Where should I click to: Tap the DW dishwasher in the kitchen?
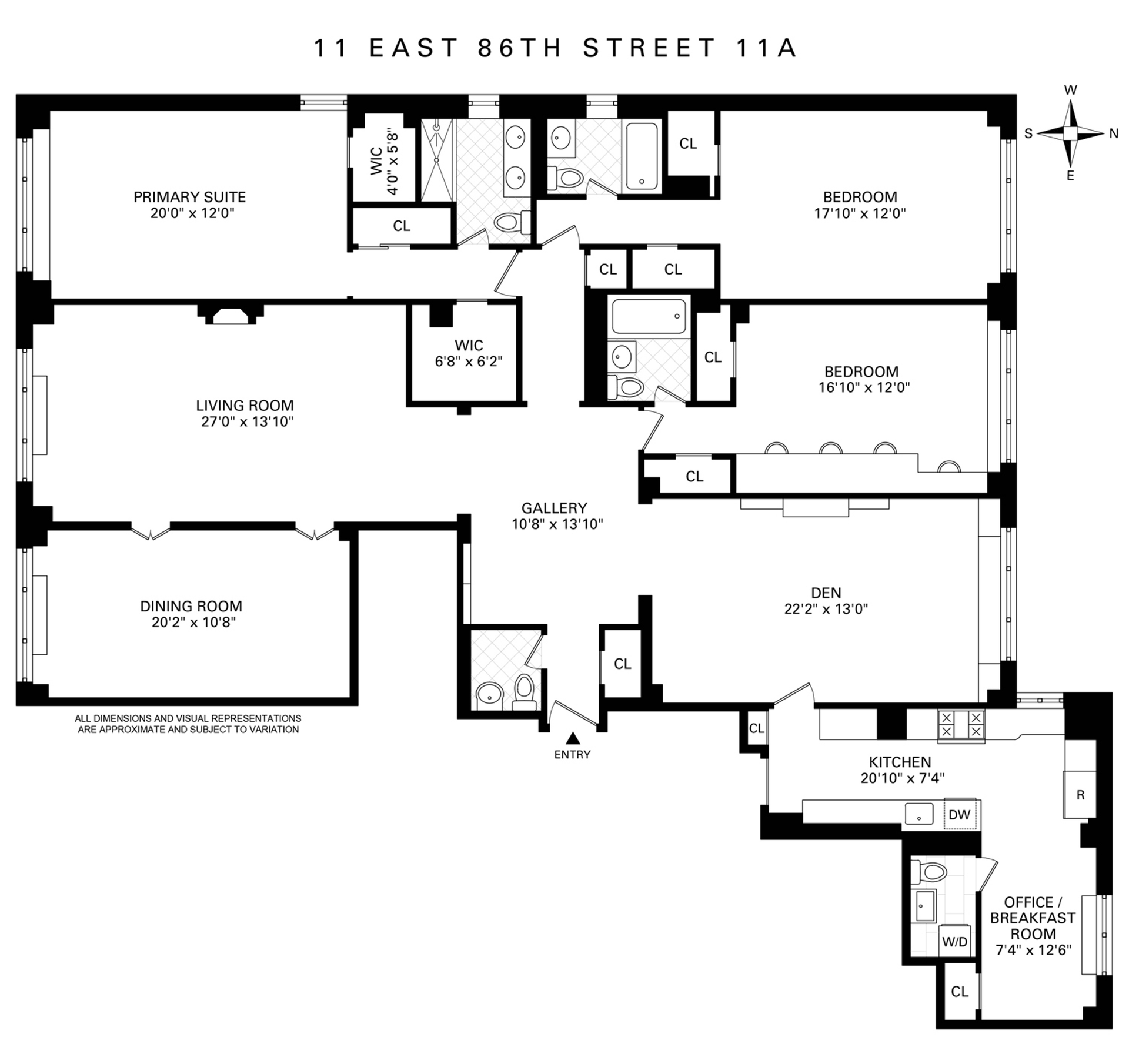click(x=960, y=814)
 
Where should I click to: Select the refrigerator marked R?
click(x=1080, y=795)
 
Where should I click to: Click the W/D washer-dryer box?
click(x=954, y=958)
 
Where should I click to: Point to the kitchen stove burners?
click(x=961, y=724)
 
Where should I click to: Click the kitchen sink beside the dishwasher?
click(x=918, y=814)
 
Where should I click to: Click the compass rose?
click(x=1070, y=133)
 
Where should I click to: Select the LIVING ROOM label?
click(x=245, y=406)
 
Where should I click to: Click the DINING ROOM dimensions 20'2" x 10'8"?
click(x=193, y=622)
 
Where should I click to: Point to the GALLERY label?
click(x=554, y=508)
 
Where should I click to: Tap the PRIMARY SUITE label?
click(x=189, y=197)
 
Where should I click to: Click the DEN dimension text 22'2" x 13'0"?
click(x=826, y=608)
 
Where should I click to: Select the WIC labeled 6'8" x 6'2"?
click(x=469, y=353)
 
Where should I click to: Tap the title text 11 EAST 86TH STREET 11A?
click(x=555, y=48)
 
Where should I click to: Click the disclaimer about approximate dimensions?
click(x=188, y=724)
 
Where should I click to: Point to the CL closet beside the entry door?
click(x=622, y=664)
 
